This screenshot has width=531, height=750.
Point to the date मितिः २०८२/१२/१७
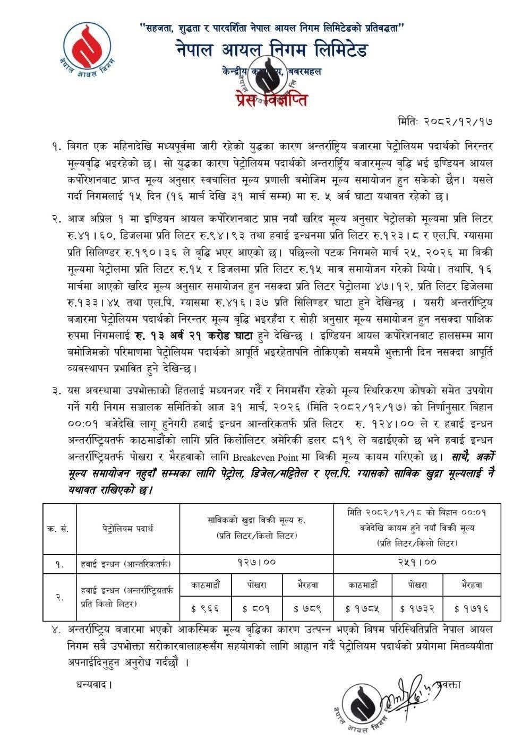pyautogui.click(x=447, y=122)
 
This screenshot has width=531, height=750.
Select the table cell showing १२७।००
pyautogui.click(x=256, y=562)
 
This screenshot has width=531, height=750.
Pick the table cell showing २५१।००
pyautogui.click(x=417, y=562)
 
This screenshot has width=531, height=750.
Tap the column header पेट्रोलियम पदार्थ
pyautogui.click(x=128, y=528)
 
